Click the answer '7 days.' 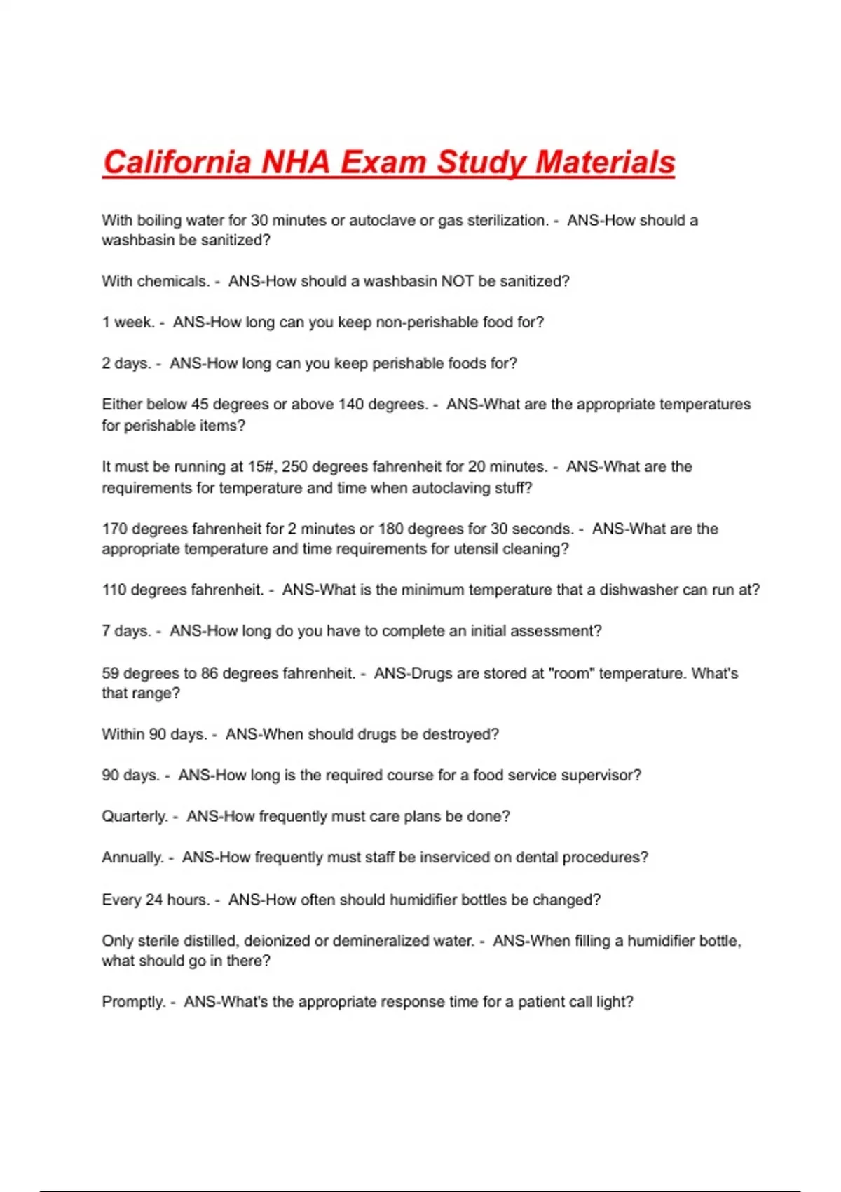(x=126, y=631)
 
